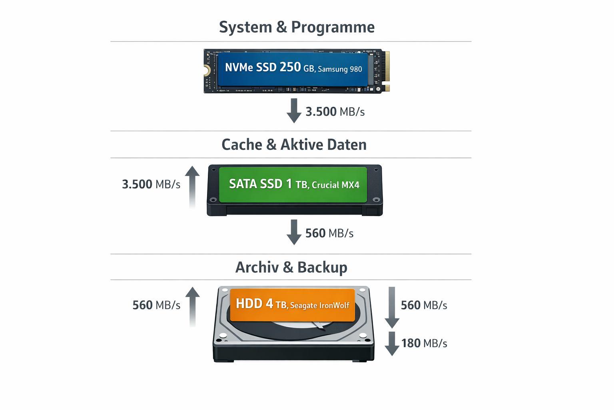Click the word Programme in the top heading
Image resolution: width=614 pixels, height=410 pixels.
[x=333, y=27]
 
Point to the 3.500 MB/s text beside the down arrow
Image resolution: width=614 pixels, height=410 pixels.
[x=335, y=112]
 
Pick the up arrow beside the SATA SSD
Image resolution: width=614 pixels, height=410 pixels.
[x=192, y=186]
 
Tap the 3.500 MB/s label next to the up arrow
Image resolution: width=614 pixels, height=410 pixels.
[x=151, y=184]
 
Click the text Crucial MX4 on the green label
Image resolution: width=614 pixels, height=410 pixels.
[x=335, y=185]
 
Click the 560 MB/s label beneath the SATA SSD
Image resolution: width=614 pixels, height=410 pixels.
[x=329, y=233]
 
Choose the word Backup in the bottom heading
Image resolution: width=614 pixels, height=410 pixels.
[x=322, y=267]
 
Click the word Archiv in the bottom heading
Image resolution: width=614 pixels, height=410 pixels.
[x=257, y=267]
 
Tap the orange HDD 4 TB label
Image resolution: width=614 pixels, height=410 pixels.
[x=293, y=304]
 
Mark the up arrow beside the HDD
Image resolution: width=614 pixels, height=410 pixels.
[x=192, y=306]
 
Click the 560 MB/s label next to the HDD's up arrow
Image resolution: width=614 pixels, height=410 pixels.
[x=156, y=305]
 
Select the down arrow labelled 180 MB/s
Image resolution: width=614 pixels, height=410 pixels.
[x=392, y=344]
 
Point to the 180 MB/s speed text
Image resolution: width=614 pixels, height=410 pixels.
[x=424, y=343]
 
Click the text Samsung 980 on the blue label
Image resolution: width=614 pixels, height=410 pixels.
[x=340, y=69]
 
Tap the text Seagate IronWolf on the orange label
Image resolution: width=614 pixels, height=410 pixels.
[x=320, y=305]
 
